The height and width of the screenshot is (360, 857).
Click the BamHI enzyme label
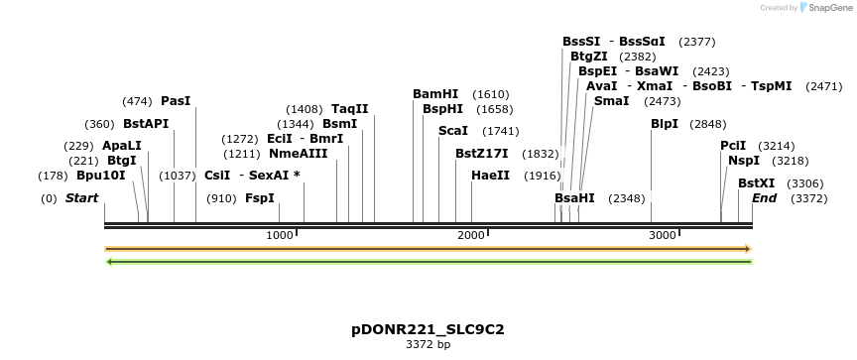coord(435,94)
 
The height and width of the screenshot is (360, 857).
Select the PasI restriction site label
coord(176,101)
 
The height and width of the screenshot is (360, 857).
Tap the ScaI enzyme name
coord(452,131)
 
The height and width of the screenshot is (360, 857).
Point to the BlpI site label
coord(665,124)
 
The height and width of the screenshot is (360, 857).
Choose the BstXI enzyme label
coord(756,183)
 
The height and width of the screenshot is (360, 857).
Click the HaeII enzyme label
coord(490,176)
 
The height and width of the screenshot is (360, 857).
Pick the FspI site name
coord(259,198)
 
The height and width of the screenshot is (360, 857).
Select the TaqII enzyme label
coord(349,109)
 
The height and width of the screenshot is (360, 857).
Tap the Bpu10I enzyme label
coord(101,176)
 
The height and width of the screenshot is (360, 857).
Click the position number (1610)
coord(491,94)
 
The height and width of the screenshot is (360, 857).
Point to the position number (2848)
coord(708,124)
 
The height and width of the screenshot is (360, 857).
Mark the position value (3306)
coord(804,183)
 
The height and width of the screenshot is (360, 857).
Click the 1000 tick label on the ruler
coord(280,235)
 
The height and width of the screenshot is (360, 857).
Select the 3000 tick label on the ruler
coord(662,235)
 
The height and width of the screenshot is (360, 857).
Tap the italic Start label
coord(81,198)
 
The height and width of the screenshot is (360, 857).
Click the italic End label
coord(764,198)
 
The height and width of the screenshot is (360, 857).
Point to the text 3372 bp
coord(428,345)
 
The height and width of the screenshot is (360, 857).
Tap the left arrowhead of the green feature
coord(108,262)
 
